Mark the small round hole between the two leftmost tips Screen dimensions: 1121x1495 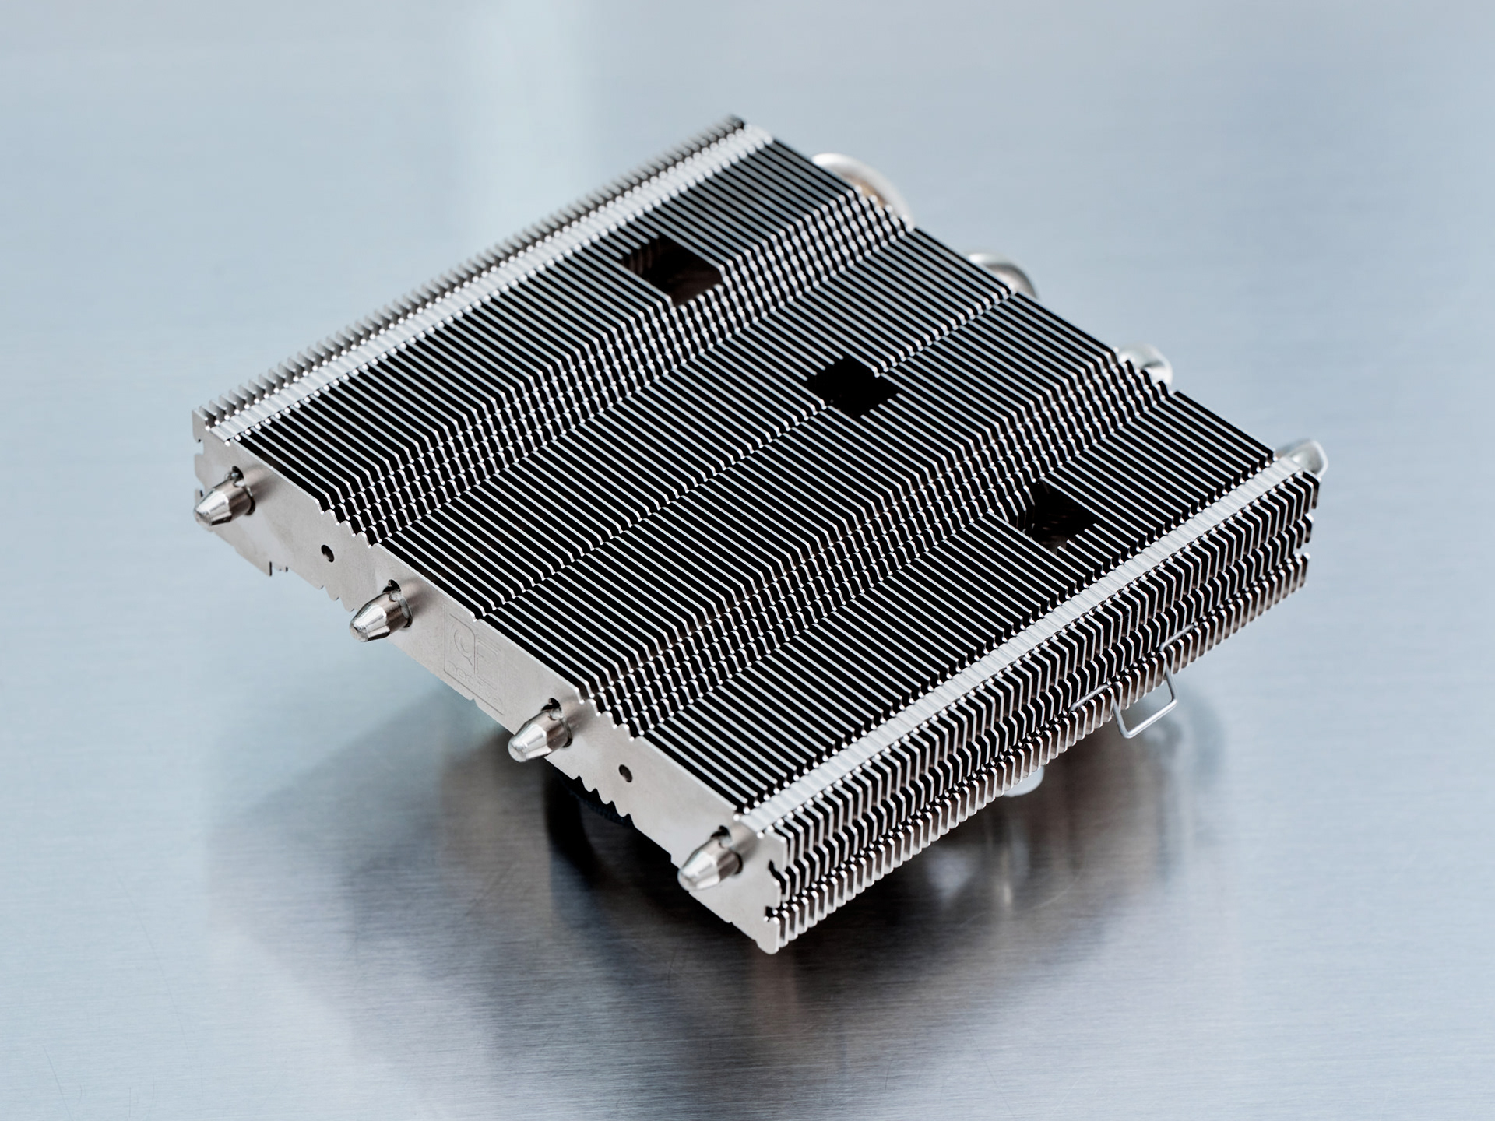[x=328, y=553]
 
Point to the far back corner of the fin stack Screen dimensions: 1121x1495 [x=736, y=125]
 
